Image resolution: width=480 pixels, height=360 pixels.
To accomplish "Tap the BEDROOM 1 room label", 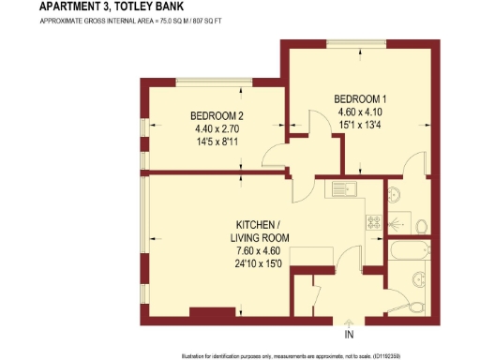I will (x=361, y=98).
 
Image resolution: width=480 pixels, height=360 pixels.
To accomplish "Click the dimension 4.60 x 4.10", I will (x=361, y=112).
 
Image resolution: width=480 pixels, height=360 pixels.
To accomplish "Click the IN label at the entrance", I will (x=349, y=334).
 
